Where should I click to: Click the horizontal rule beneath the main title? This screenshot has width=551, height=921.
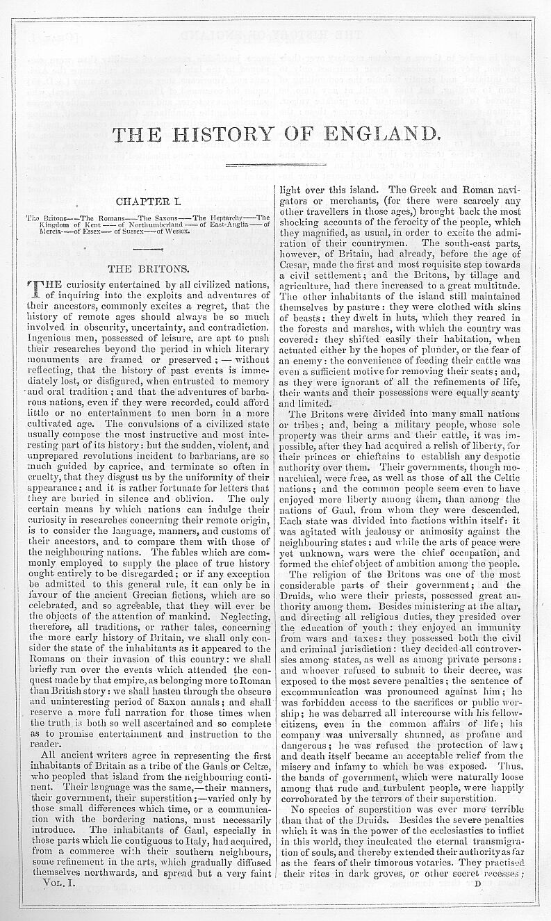(x=276, y=165)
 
